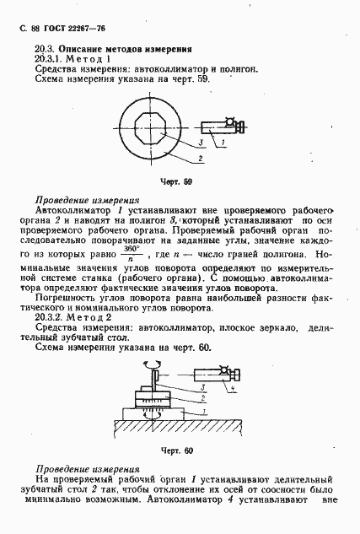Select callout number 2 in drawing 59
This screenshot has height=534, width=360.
coord(199,158)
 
